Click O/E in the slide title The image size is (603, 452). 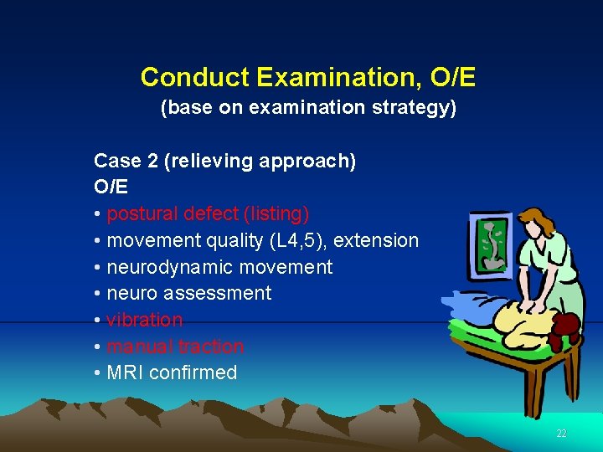[x=453, y=78]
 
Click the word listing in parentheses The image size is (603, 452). [x=281, y=214]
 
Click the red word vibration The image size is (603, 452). [x=144, y=321]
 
